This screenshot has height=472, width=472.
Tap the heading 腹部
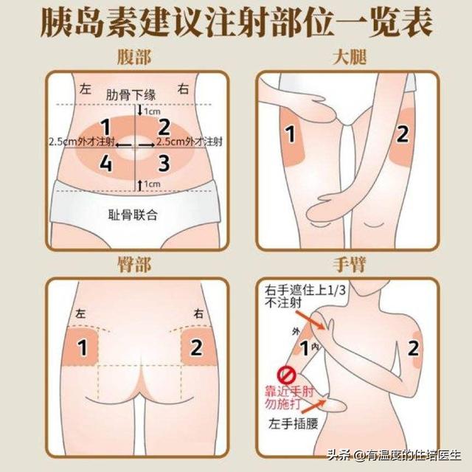(134, 57)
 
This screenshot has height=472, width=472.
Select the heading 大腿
(350, 57)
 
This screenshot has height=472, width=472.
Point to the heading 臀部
(134, 264)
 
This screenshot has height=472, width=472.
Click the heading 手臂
(350, 264)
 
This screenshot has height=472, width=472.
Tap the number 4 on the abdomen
(105, 163)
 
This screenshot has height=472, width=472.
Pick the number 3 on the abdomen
(164, 163)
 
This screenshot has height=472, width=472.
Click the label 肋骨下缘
(131, 95)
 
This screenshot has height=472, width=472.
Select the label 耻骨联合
(133, 215)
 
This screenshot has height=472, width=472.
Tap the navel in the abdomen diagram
(134, 147)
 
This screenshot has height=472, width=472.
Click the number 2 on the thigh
(403, 134)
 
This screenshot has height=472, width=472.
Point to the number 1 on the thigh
(290, 134)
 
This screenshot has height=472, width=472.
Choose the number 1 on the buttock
(82, 347)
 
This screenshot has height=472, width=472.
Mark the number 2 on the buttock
(196, 347)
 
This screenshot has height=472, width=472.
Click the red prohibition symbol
(284, 375)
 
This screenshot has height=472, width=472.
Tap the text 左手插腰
(294, 424)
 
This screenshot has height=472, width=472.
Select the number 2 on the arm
(413, 348)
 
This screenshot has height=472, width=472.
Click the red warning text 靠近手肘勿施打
(289, 398)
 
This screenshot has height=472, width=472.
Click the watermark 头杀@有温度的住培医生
(395, 455)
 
